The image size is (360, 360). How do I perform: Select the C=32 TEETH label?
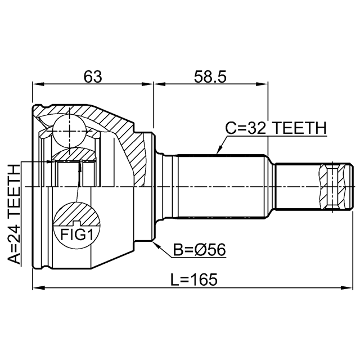275,128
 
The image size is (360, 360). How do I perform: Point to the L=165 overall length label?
192,279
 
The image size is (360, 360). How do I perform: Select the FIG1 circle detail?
75,224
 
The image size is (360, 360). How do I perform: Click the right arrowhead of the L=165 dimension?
350,289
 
